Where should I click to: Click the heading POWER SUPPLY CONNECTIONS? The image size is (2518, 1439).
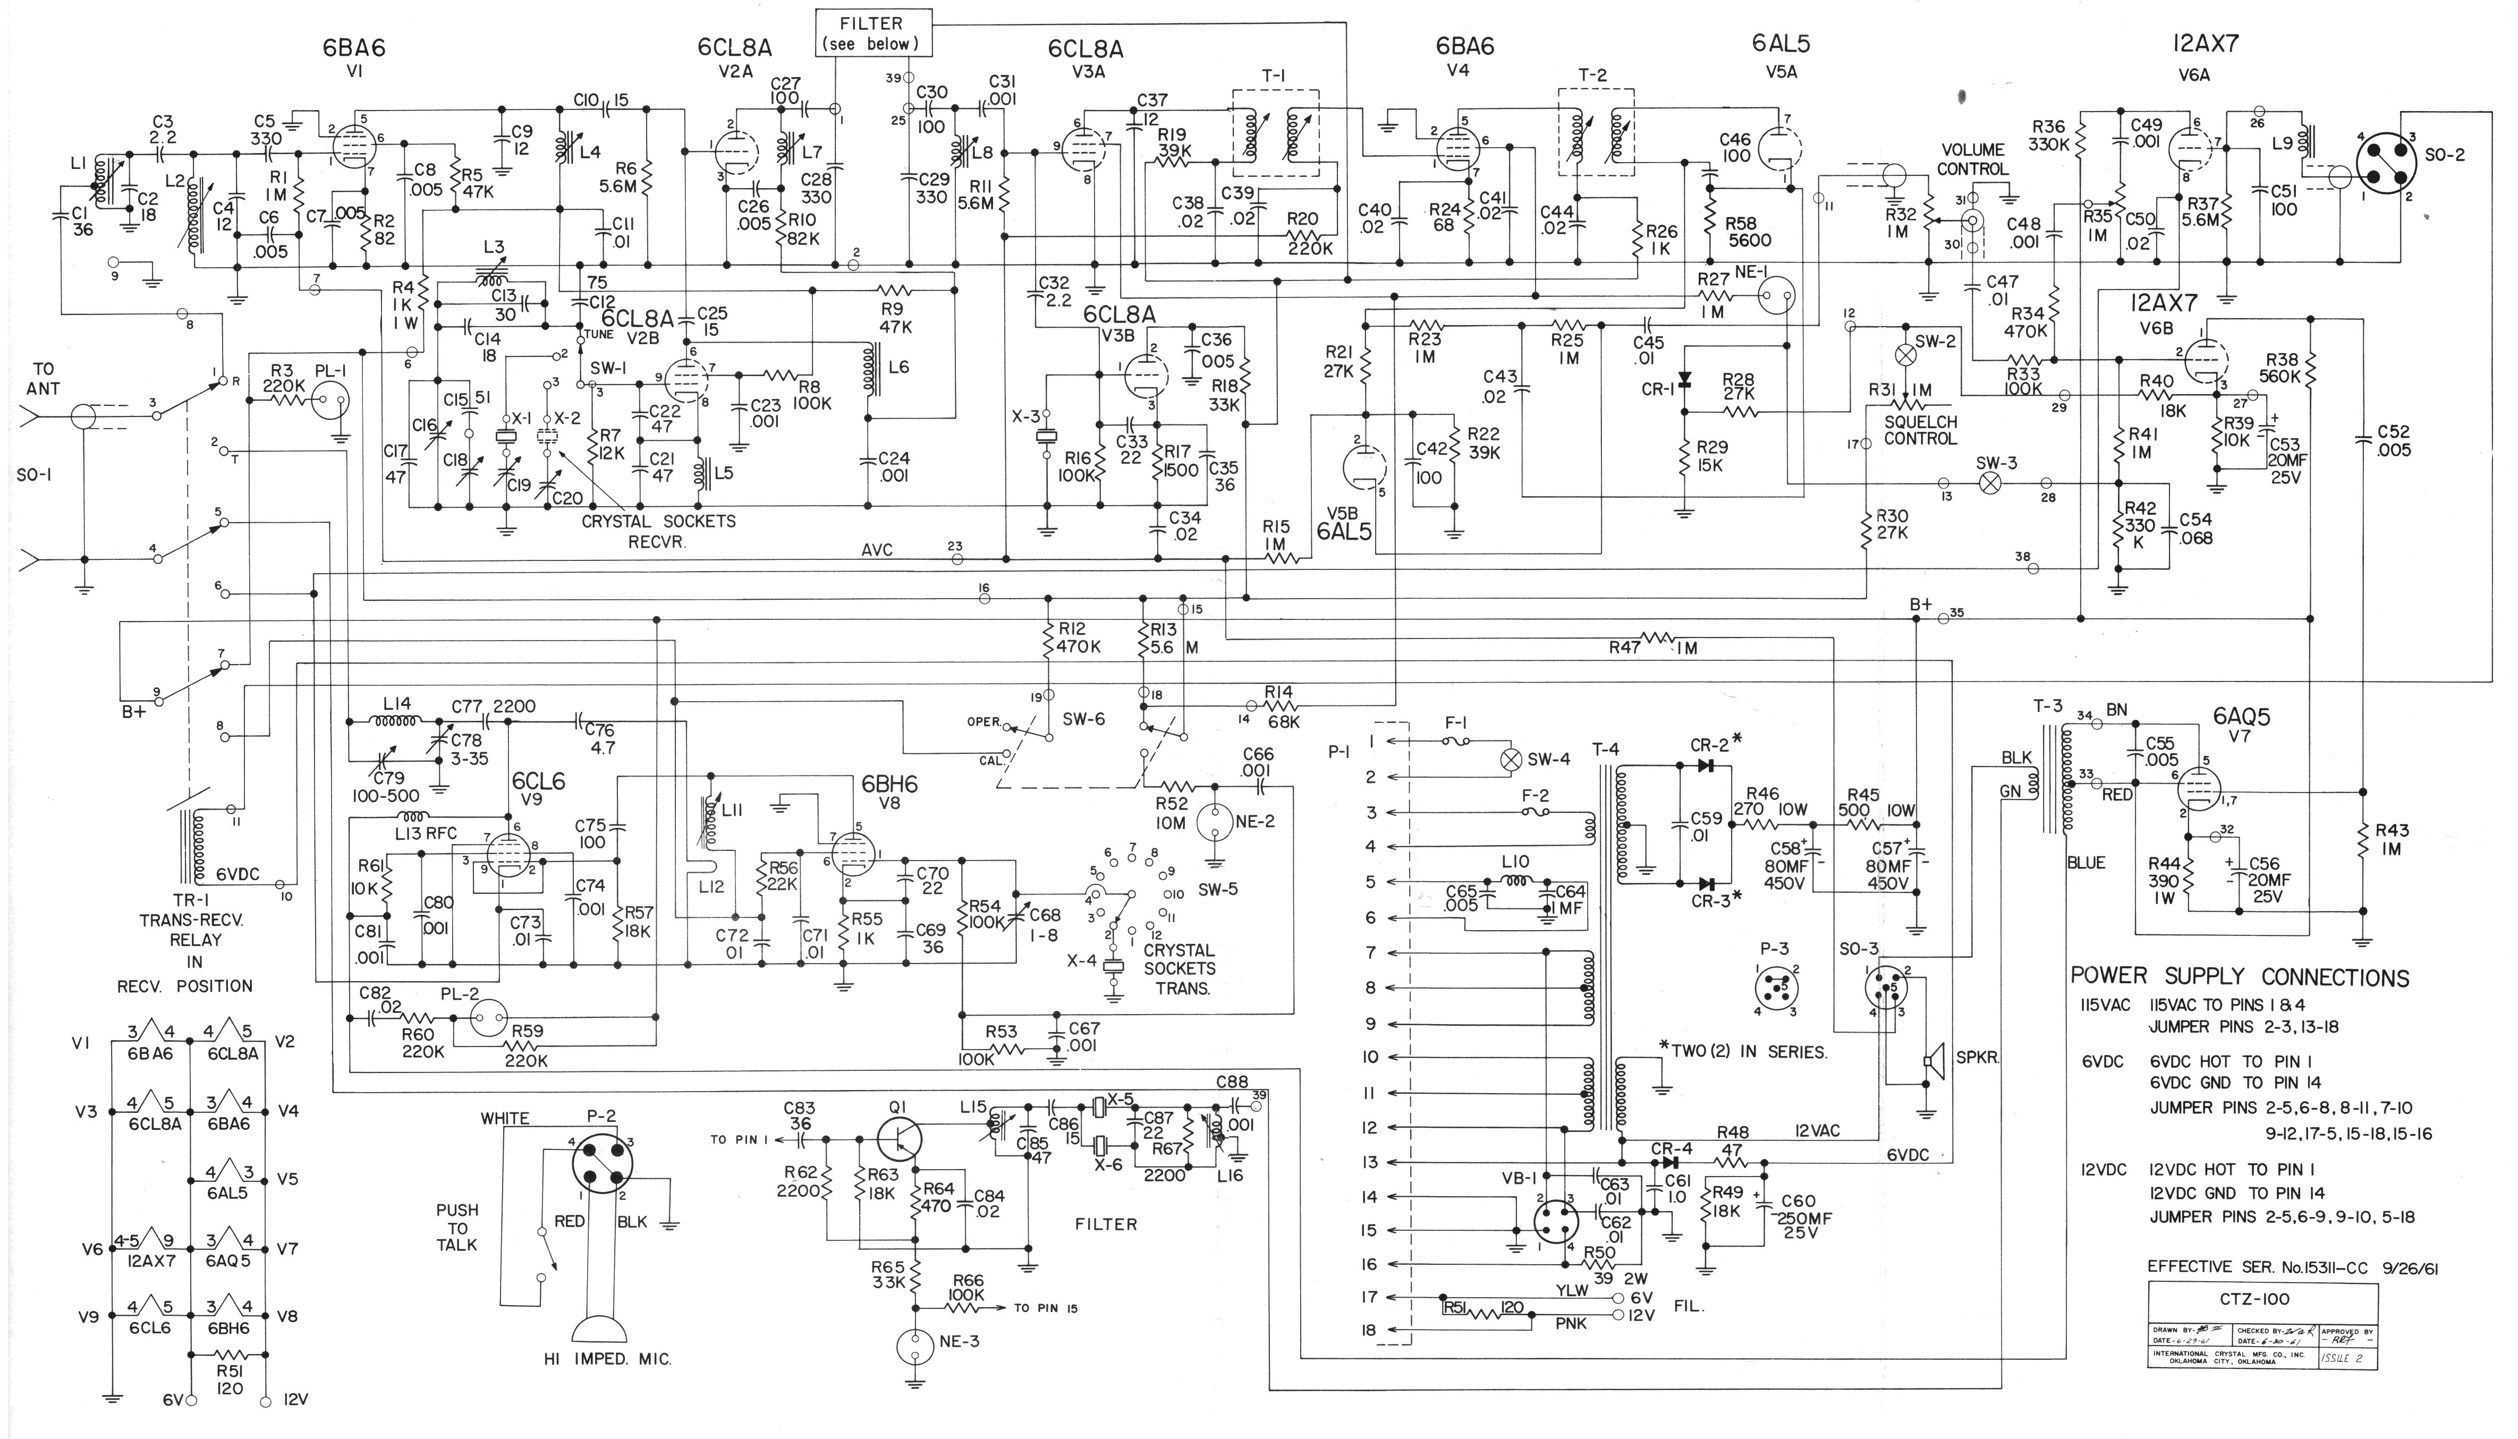pos(2239,976)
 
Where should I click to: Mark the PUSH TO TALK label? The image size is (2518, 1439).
pos(457,1227)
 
